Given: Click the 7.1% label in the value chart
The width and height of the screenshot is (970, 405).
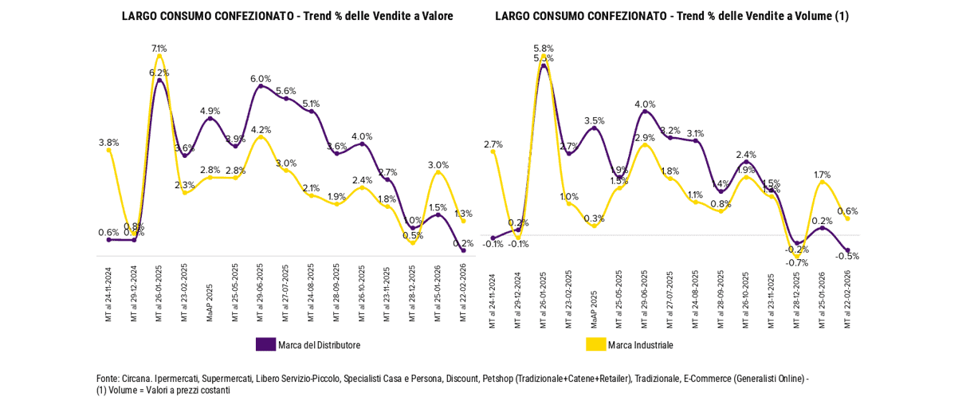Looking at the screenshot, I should pyautogui.click(x=159, y=49).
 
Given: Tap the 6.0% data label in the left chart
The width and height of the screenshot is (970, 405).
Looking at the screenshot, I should pyautogui.click(x=261, y=79).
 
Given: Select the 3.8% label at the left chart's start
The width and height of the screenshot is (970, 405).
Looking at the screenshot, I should pyautogui.click(x=108, y=143).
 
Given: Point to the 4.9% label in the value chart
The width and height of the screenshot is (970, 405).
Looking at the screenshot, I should pyautogui.click(x=210, y=111).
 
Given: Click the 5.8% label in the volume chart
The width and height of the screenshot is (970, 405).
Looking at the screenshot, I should pyautogui.click(x=544, y=49).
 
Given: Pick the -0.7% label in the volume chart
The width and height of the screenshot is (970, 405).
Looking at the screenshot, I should pyautogui.click(x=796, y=262).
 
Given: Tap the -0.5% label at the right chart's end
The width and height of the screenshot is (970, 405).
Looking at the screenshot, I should pyautogui.click(x=848, y=256).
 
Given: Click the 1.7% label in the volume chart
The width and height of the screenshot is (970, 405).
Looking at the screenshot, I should pyautogui.click(x=823, y=175).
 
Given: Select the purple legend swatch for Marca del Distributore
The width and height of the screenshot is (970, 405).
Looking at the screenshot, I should pyautogui.click(x=265, y=344).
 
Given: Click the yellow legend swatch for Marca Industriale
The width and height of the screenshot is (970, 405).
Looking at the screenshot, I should pyautogui.click(x=595, y=344).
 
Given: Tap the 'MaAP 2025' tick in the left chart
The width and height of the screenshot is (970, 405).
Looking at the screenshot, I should pyautogui.click(x=210, y=302).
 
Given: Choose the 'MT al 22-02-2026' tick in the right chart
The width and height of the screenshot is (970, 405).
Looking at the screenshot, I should pyautogui.click(x=848, y=299).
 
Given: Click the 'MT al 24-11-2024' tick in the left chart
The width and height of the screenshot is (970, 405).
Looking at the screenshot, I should pyautogui.click(x=108, y=295).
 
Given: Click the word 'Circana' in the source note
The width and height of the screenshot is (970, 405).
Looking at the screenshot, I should pyautogui.click(x=137, y=379).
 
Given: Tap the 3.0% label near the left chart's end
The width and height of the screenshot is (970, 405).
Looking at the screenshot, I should pyautogui.click(x=438, y=165).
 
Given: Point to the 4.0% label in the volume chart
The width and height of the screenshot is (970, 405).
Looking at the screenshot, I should pyautogui.click(x=645, y=104).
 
